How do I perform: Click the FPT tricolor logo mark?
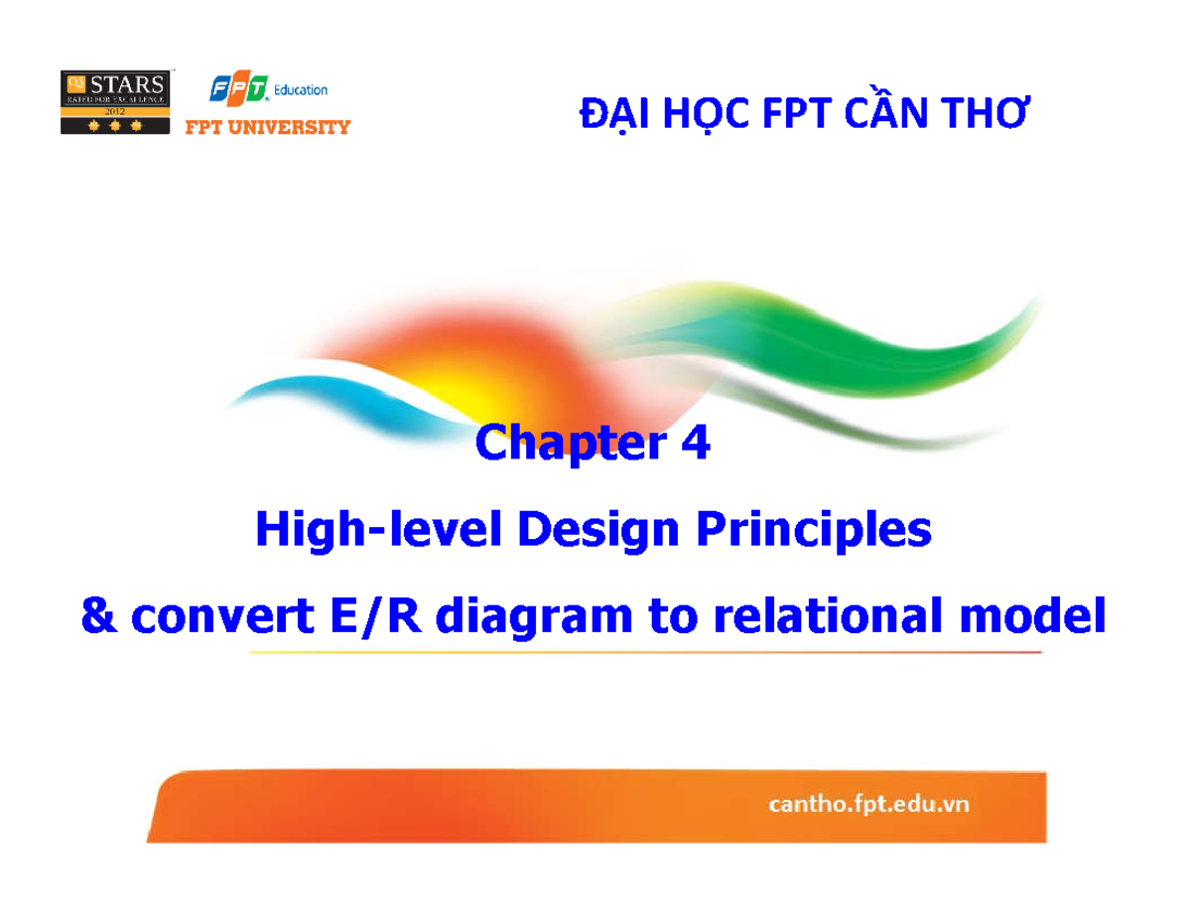(x=238, y=90)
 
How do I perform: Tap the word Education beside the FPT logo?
(x=301, y=90)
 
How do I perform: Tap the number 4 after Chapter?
(x=695, y=444)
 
